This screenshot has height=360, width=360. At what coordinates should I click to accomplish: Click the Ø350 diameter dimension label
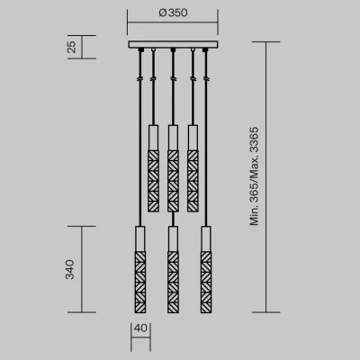pyautogui.click(x=173, y=13)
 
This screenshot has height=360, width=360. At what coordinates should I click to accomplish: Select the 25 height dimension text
pyautogui.click(x=72, y=47)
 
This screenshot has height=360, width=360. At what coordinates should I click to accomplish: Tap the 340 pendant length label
pyautogui.click(x=70, y=269)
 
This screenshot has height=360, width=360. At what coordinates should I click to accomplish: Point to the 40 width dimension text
pyautogui.click(x=140, y=328)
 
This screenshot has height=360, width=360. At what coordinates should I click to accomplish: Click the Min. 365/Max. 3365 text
pyautogui.click(x=255, y=176)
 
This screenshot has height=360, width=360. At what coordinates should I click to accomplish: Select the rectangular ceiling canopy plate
pyautogui.click(x=173, y=45)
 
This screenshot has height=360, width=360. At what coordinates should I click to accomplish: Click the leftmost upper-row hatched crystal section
pyautogui.click(x=153, y=181)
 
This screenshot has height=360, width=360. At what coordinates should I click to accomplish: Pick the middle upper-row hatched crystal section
pyautogui.click(x=173, y=181)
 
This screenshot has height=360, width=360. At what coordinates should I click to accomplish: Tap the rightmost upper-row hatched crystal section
pyautogui.click(x=193, y=181)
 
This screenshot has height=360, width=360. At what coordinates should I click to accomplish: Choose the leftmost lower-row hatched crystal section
pyautogui.click(x=140, y=282)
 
